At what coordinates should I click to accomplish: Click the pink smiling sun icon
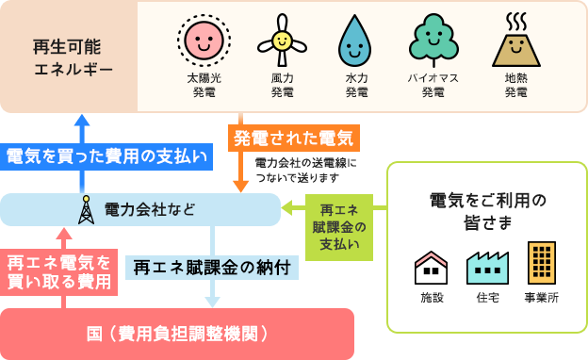click(204, 41)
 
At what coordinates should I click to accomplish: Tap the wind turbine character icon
click(282, 40)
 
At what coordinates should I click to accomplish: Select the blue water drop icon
click(355, 41)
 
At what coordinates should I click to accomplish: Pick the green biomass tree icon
click(433, 40)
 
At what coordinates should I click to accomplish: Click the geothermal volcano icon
click(515, 41)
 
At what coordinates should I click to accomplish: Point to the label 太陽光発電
click(204, 85)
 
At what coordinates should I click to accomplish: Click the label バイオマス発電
click(433, 85)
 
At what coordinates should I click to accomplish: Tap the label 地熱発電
click(515, 85)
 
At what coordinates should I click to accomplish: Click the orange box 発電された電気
click(293, 139)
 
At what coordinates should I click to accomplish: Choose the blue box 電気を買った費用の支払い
click(106, 156)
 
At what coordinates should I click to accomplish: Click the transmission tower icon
click(86, 209)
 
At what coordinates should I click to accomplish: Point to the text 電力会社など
click(150, 209)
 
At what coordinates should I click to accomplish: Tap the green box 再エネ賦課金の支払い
click(339, 226)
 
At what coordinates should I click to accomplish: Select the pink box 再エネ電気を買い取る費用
click(59, 271)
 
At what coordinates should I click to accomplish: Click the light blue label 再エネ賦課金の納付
click(212, 267)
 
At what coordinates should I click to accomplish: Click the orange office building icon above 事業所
click(541, 263)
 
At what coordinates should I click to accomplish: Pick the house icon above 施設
click(432, 268)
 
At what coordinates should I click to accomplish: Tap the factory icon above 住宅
click(487, 268)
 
